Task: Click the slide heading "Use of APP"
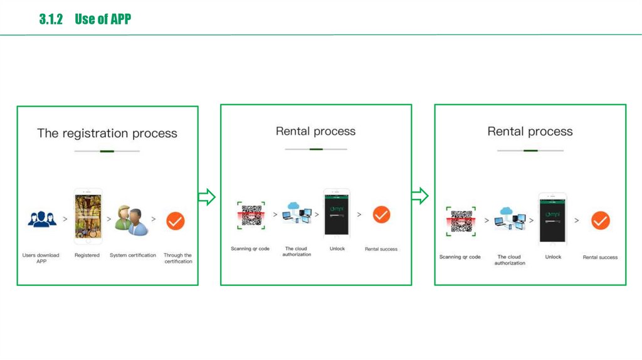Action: coord(102,19)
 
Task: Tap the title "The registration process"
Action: coord(107,134)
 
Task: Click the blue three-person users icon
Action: coord(42,219)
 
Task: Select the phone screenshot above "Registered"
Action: coord(87,216)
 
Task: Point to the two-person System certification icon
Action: coord(132,220)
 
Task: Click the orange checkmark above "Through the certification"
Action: coord(175,221)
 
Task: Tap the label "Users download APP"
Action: coord(41,258)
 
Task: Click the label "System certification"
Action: coord(133,255)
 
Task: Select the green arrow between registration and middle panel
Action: coord(207,197)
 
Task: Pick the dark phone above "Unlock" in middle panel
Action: coord(337,214)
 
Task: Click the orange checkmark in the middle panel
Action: coord(381,214)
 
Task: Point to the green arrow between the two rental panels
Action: coord(420,196)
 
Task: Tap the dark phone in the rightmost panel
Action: coord(552,218)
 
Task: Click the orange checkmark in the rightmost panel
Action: coord(601,220)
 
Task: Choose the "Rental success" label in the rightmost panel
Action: coord(600,257)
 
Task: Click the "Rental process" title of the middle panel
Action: coord(315,132)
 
